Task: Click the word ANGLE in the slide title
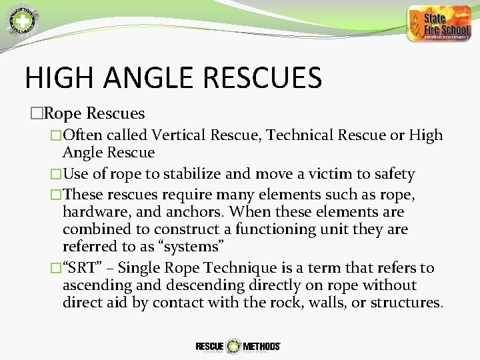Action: tap(140, 77)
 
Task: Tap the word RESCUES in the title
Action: tap(261, 77)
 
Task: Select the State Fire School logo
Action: tap(438, 24)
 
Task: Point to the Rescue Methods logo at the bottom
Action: tap(237, 346)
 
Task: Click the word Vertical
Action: tap(180, 135)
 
